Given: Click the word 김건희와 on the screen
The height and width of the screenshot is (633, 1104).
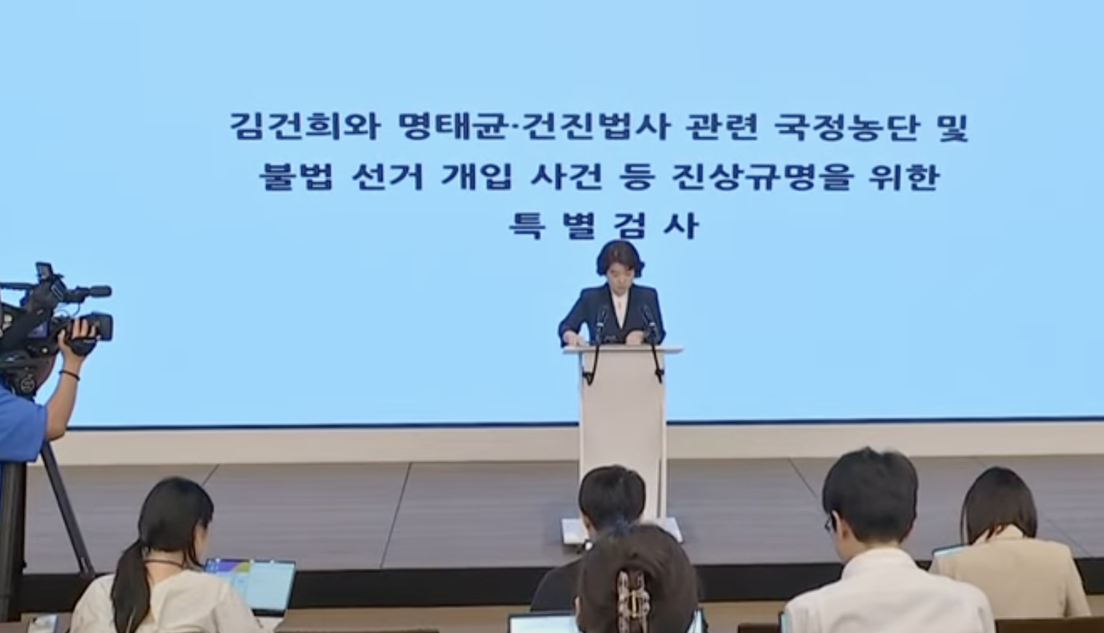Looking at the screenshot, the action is (x=305, y=127).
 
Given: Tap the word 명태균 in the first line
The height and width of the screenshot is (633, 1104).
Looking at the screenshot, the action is (x=454, y=127).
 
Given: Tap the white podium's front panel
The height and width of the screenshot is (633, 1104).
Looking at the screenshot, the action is (x=623, y=434).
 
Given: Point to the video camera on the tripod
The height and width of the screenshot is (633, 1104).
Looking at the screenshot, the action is (x=54, y=316).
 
